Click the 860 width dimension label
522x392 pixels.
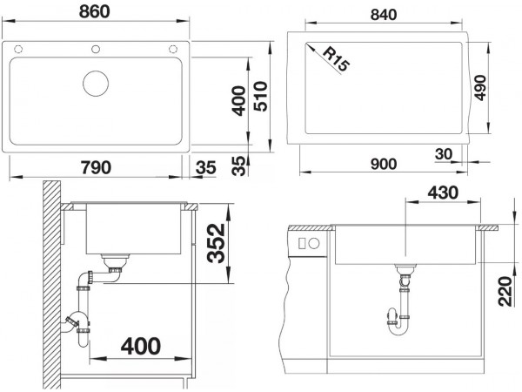coord(95,11)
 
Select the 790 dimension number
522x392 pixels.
coord(97,167)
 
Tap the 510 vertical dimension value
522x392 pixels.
coord(260,96)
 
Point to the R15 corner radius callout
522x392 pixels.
coord(336,59)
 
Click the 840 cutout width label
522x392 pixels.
coord(384,15)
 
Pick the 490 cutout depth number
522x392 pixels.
coord(480,88)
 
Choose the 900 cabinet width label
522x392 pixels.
coord(384,164)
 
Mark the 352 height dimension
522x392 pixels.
coord(216,243)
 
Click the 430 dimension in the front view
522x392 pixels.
coord(443,193)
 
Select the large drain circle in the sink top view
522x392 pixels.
coord(96,84)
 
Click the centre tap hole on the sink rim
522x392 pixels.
coord(96,50)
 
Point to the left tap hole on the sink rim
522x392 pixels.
coord(18,50)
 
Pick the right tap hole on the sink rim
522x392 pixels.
coord(173,50)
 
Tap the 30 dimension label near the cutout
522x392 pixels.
coord(444,154)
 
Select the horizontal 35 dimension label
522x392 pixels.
coord(206,167)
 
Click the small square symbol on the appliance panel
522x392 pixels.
coord(302,243)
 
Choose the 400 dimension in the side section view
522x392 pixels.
coord(141,346)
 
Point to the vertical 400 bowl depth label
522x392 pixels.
coord(239,101)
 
